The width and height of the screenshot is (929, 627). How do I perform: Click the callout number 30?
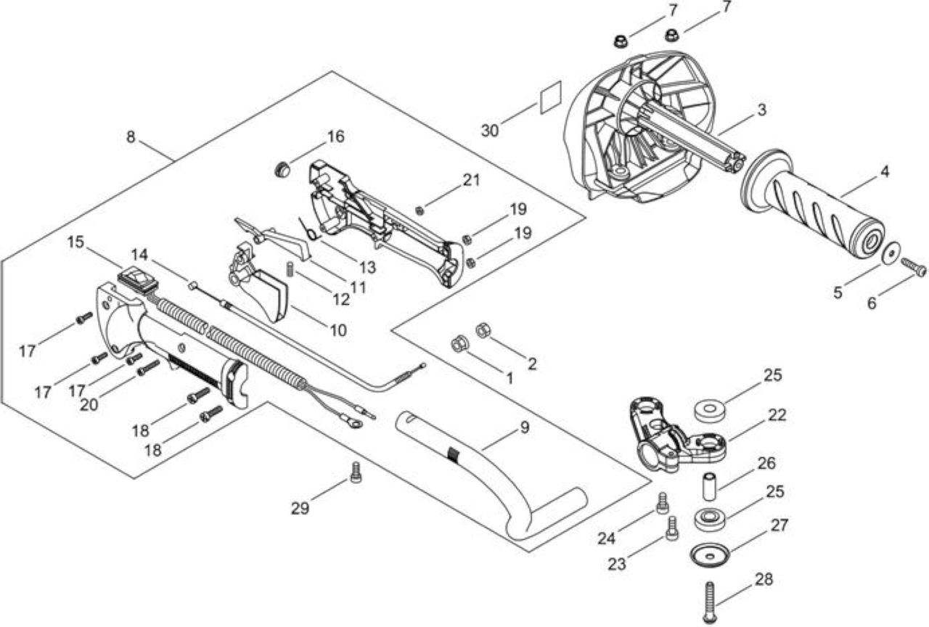[x=489, y=131]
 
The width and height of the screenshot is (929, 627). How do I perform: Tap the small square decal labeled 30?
[x=551, y=97]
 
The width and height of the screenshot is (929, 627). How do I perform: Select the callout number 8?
[x=131, y=137]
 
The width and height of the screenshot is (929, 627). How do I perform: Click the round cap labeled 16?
[x=282, y=170]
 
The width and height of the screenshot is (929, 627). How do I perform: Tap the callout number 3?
[x=761, y=110]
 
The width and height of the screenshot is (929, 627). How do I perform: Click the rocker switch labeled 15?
[x=138, y=282]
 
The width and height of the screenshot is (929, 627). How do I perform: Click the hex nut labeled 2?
[x=483, y=329]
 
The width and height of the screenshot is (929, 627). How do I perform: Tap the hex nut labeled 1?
[x=459, y=343]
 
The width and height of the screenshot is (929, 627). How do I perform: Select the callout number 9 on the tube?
[x=525, y=427]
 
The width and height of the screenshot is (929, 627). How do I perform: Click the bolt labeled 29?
[x=356, y=472]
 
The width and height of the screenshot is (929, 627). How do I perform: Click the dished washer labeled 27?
[x=710, y=554]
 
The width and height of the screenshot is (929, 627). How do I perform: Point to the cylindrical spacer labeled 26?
[x=710, y=485]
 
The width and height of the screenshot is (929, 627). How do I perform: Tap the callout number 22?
[x=777, y=414]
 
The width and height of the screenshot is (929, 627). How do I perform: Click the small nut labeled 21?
[x=420, y=210]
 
